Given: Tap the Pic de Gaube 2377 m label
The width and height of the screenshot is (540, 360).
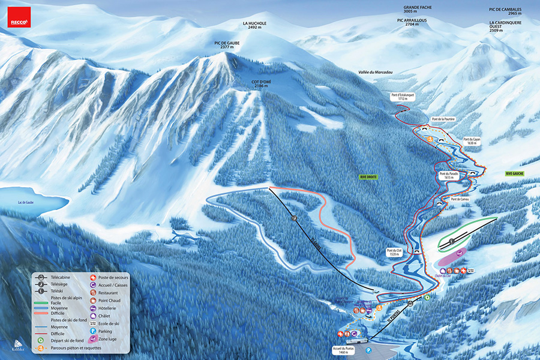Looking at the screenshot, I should (226, 46).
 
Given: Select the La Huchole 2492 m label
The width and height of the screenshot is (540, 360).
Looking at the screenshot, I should (254, 25).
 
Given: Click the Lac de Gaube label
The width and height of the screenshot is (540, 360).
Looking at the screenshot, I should (28, 202).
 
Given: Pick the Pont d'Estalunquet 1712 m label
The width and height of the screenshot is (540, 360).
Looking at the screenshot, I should (403, 97).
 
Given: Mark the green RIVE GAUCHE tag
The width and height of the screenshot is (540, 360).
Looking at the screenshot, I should (515, 173).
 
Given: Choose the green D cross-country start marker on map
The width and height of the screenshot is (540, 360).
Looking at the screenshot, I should (427, 297).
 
